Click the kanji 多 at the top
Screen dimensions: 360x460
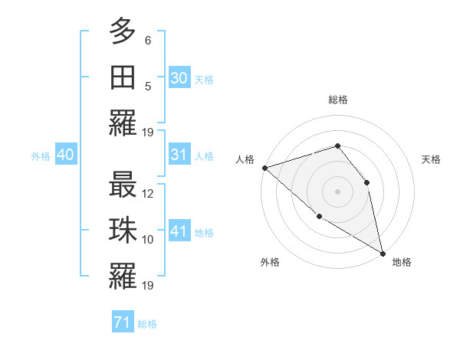[x=123, y=31]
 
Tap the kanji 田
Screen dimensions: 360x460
[x=123, y=77]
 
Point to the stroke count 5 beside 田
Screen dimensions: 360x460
[x=148, y=86]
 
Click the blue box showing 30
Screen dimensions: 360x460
[x=179, y=77]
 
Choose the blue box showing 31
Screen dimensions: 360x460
[x=179, y=155]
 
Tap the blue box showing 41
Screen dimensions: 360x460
[x=179, y=231]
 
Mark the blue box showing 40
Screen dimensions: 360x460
[x=65, y=155]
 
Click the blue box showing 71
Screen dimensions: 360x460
[x=122, y=322]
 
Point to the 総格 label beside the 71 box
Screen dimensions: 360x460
[x=147, y=324]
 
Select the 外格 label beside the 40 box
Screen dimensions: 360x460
[x=41, y=156]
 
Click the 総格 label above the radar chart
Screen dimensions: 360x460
[x=337, y=100]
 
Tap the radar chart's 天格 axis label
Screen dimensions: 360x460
[x=432, y=159]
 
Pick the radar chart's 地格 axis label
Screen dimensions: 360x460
[x=402, y=262]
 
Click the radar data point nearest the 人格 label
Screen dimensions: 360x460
[x=264, y=167]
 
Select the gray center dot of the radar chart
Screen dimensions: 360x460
[x=337, y=191]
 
